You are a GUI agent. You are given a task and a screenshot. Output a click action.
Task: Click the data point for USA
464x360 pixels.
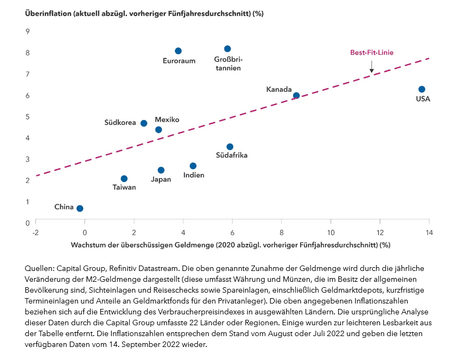tap(422, 89)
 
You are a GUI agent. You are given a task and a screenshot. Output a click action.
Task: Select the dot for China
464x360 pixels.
tap(80, 209)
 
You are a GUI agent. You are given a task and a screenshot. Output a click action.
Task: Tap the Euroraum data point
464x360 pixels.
tap(178, 51)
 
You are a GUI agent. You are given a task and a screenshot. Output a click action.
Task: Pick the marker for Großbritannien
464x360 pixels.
tap(227, 49)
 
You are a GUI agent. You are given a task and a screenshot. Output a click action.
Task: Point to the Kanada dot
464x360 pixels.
tap(296, 96)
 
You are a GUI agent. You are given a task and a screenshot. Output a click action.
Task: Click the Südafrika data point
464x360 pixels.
tap(230, 147)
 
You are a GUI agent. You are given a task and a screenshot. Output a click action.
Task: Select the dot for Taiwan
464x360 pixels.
tap(124, 179)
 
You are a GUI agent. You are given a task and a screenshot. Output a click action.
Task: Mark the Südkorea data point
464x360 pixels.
tap(144, 123)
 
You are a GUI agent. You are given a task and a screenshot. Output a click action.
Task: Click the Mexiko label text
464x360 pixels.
tap(167, 119)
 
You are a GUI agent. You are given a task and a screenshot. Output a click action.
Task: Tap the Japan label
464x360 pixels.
tap(161, 179)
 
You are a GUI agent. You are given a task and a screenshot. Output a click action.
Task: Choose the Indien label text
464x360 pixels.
tap(194, 175)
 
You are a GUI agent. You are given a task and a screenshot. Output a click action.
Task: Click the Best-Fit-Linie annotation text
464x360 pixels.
tap(372, 53)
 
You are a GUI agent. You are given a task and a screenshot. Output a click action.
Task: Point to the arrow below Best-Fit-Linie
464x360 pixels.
tap(372, 66)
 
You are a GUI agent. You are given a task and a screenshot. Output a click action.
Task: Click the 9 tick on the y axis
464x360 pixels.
tap(28, 31)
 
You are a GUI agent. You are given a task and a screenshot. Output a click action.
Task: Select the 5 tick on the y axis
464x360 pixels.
tap(28, 117)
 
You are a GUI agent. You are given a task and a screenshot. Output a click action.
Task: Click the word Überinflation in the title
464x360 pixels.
tap(49, 13)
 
